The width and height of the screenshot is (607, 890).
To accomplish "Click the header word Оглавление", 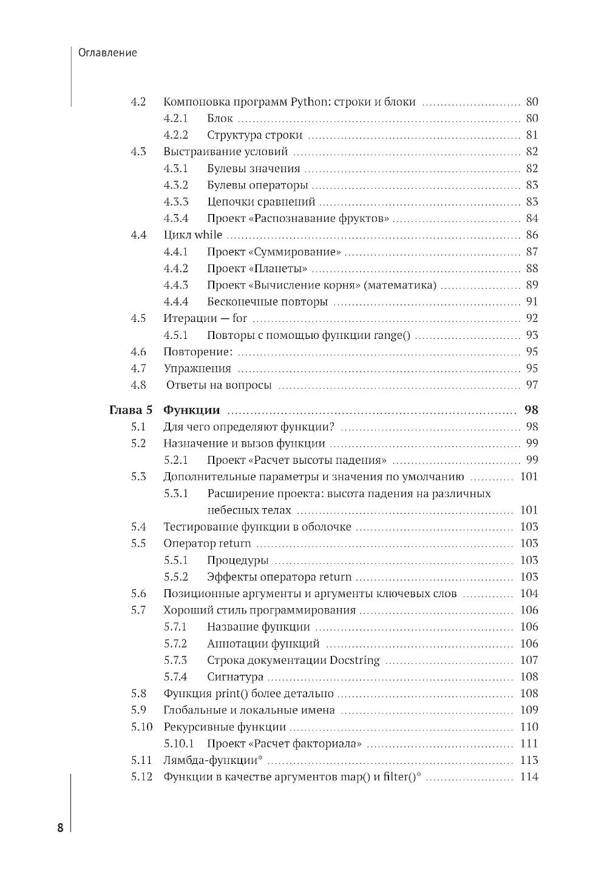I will (107, 53).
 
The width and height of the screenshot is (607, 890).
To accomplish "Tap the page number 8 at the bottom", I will (60, 828).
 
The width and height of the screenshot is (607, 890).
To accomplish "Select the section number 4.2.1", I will (176, 118).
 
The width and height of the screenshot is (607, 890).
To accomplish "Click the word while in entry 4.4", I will (208, 235).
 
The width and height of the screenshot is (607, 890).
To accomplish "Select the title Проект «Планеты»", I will (257, 268).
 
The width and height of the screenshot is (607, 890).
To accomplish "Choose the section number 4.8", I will (138, 384).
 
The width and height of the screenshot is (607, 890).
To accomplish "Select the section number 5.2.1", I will (176, 460).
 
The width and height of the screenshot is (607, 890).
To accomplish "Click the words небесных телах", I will (249, 510).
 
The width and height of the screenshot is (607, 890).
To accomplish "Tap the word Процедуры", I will (237, 560).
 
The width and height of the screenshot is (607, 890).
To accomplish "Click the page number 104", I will (529, 594).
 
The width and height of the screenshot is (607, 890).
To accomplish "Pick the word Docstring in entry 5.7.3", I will (354, 660).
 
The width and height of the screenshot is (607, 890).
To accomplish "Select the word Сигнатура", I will (235, 677).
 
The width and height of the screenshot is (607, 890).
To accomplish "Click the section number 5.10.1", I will (178, 743).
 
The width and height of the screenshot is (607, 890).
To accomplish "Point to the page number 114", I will (529, 777).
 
